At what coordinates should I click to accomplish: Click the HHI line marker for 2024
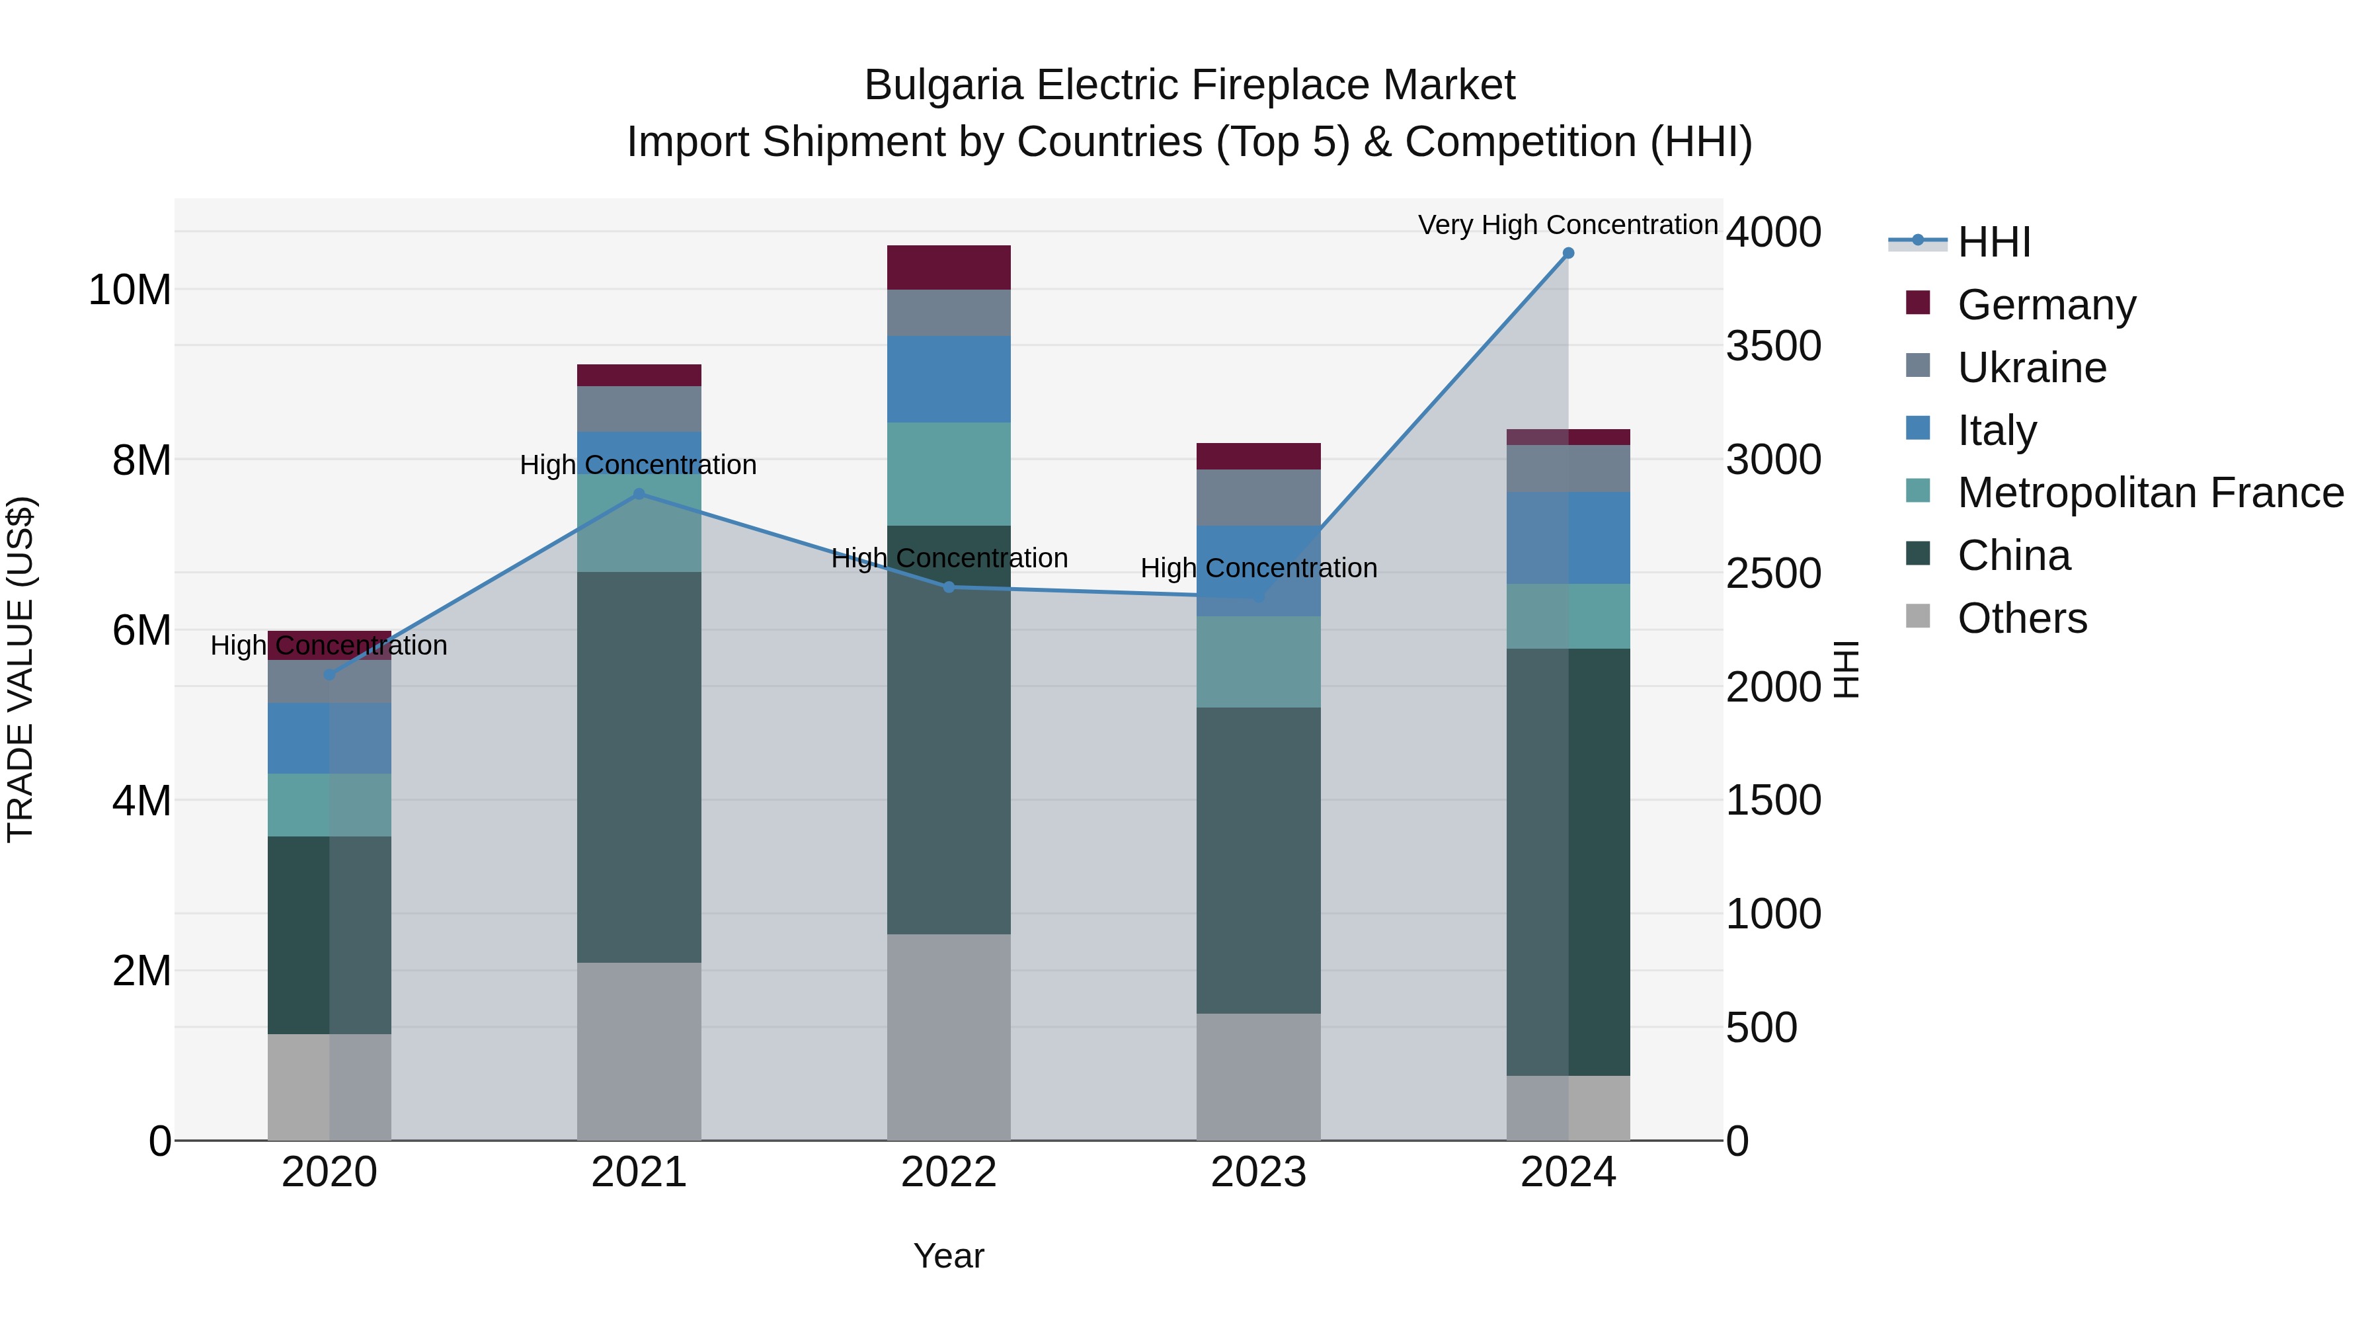click(x=1568, y=253)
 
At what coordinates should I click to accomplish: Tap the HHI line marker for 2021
click(x=639, y=495)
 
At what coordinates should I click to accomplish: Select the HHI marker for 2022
click(x=949, y=587)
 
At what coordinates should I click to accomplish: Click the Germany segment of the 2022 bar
click(x=949, y=268)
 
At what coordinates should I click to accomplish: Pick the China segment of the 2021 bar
click(x=639, y=767)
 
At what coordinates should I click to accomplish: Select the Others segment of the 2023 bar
click(x=1258, y=1076)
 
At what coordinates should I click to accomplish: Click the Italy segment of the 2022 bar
click(x=949, y=379)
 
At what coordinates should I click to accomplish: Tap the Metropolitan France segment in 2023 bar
click(x=1258, y=662)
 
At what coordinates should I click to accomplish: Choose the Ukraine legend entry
click(x=2032, y=368)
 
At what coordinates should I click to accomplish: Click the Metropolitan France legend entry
click(x=2150, y=493)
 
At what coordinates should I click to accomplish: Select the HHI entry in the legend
click(x=1994, y=242)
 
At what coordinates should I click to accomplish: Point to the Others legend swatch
click(x=1918, y=616)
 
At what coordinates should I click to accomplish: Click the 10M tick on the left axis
click(x=130, y=290)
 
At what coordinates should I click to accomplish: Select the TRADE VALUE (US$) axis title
click(x=20, y=669)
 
